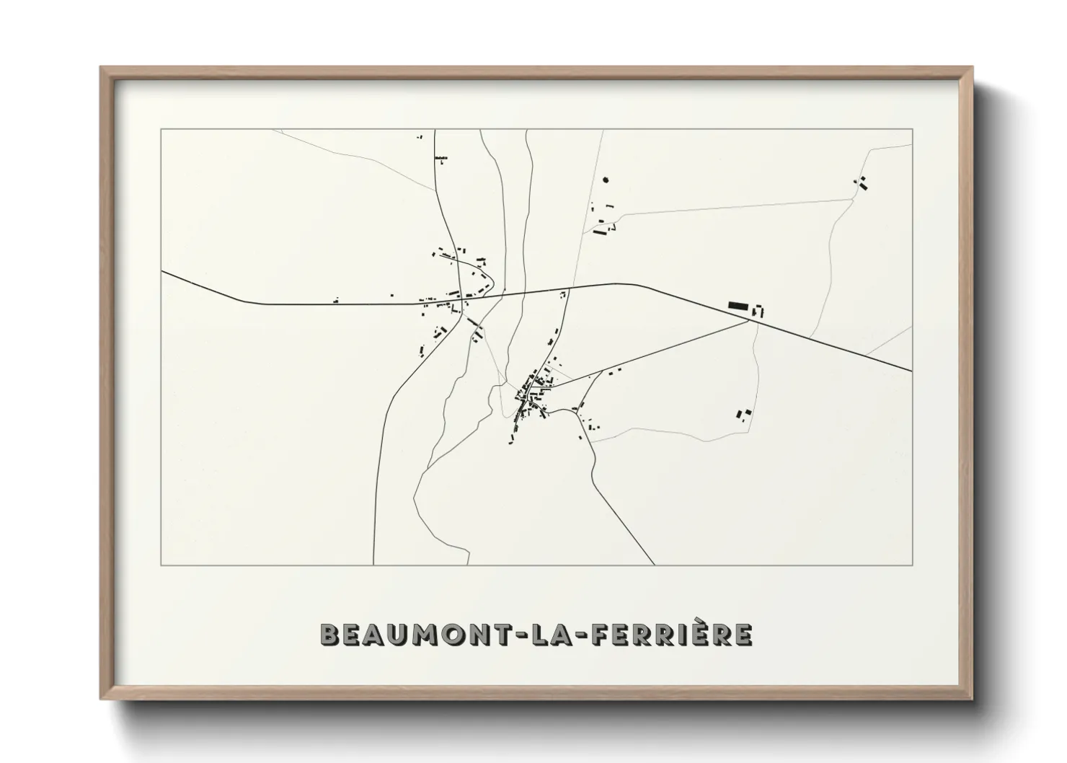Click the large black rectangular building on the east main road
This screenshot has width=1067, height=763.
[738, 306]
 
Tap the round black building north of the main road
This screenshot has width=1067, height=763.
[606, 180]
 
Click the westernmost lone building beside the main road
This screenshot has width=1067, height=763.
[336, 299]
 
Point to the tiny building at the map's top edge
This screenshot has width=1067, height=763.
[420, 136]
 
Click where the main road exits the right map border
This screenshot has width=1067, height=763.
[912, 371]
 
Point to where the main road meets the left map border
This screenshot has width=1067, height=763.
[161, 272]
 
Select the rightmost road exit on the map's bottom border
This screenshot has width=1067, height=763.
[654, 565]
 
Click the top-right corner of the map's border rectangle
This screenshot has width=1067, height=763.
[912, 129]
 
